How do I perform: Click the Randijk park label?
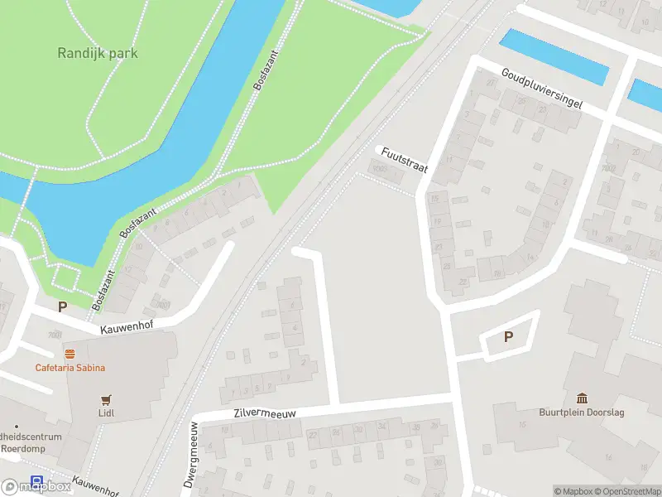(x=98, y=53)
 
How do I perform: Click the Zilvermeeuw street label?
(x=265, y=413)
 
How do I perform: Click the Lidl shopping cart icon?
(x=106, y=399)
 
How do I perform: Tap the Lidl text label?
(x=106, y=413)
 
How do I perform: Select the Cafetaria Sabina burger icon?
(x=70, y=354)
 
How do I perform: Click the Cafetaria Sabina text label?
(x=70, y=368)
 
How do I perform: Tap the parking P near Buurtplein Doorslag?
(x=509, y=337)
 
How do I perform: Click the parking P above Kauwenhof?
(x=62, y=306)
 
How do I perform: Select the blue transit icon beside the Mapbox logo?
(x=37, y=480)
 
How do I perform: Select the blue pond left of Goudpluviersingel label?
(x=554, y=56)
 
